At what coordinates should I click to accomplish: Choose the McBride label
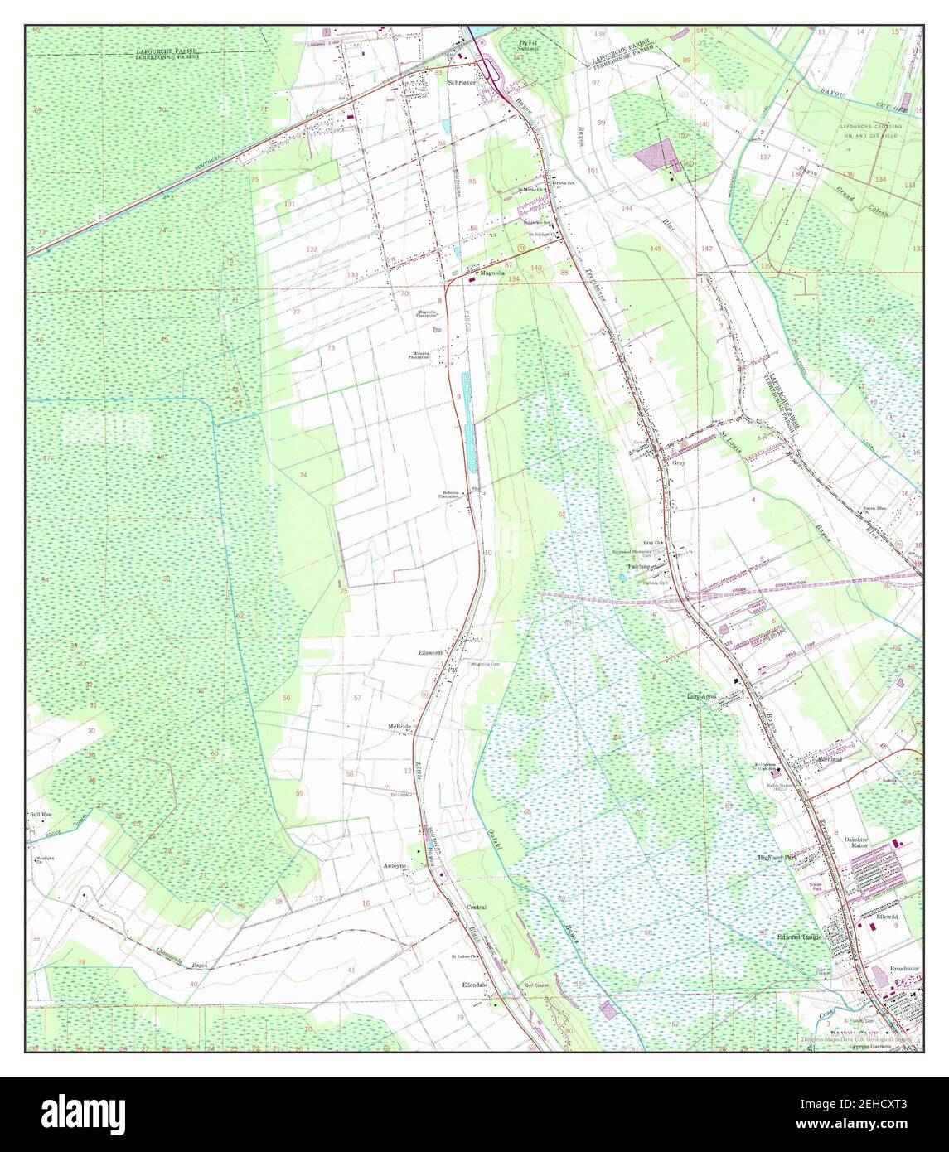click(x=400, y=727)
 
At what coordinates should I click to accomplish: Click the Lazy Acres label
click(x=701, y=697)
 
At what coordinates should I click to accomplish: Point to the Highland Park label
click(x=778, y=858)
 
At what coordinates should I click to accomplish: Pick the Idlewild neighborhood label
click(x=887, y=917)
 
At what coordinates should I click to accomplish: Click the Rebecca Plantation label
click(x=451, y=495)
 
